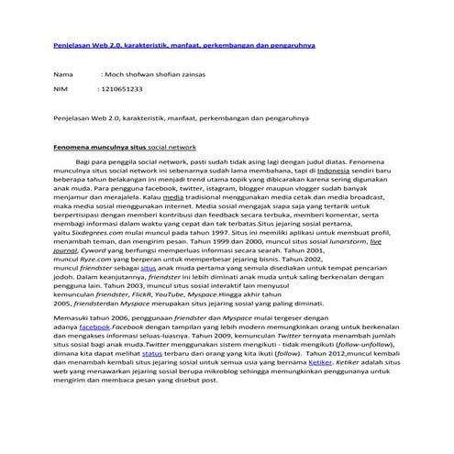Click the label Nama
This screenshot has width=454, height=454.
pos(62,72)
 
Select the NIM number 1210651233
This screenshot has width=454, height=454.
pos(123,90)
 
